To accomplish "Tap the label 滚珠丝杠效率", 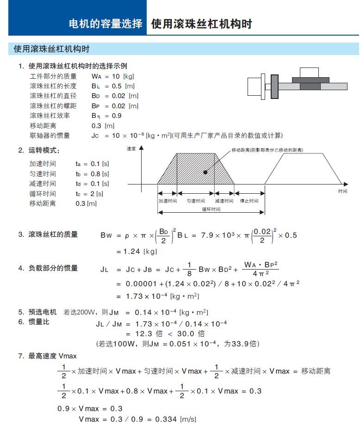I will (x=50, y=116).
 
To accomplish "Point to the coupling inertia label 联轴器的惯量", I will (x=50, y=135).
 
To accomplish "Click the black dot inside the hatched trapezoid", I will (x=205, y=172).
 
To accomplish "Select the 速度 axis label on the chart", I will (x=131, y=149).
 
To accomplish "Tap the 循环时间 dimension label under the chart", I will (x=211, y=209).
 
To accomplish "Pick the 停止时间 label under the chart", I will (x=249, y=201).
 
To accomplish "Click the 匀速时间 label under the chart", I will (x=195, y=201).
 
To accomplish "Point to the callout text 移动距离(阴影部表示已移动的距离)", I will (x=270, y=150).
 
